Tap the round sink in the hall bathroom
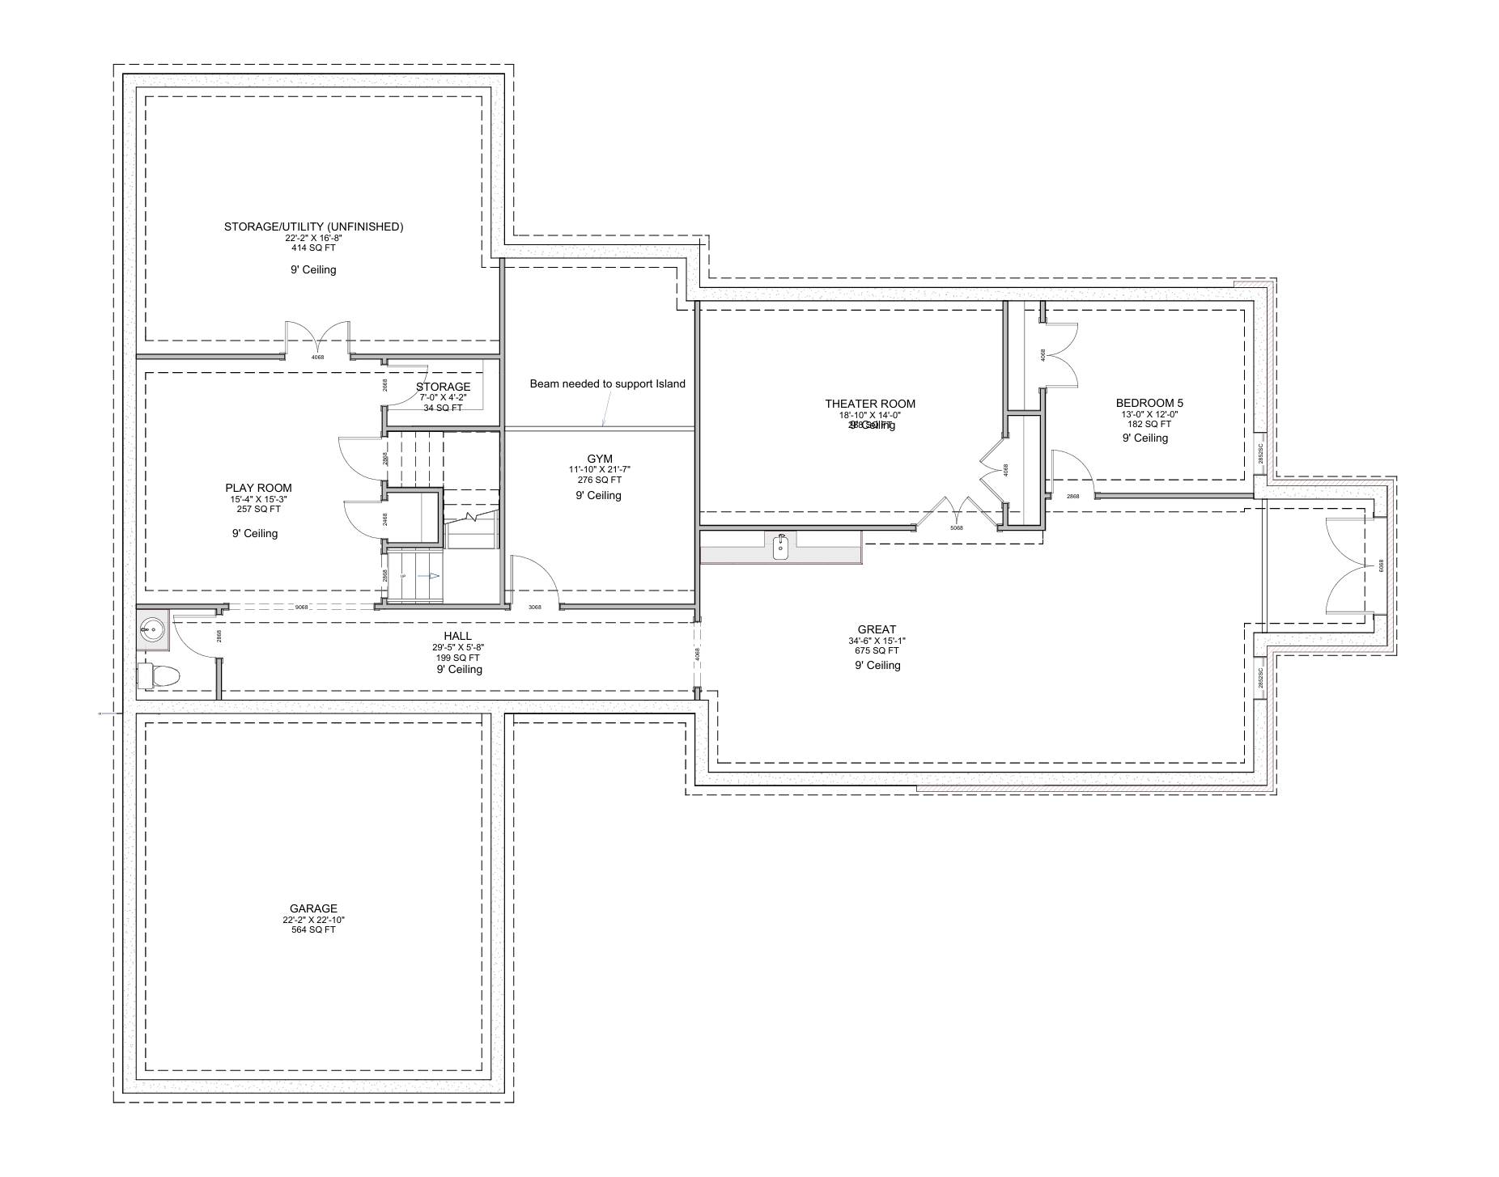pyautogui.click(x=151, y=628)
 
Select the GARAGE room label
pyautogui.click(x=313, y=908)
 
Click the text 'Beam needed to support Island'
pyautogui.click(x=607, y=383)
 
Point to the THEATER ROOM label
pyautogui.click(x=870, y=404)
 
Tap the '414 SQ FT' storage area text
pyautogui.click(x=313, y=248)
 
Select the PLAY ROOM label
pyautogui.click(x=258, y=488)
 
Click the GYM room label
pyautogui.click(x=599, y=459)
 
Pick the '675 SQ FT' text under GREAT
pyautogui.click(x=877, y=650)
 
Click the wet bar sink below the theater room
pyautogui.click(x=780, y=548)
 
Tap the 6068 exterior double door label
pyautogui.click(x=1381, y=567)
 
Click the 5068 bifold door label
pyautogui.click(x=956, y=528)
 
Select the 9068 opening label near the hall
pyautogui.click(x=301, y=608)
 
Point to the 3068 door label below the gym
pyautogui.click(x=534, y=608)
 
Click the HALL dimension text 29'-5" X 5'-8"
pyautogui.click(x=458, y=647)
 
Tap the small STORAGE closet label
pyautogui.click(x=443, y=387)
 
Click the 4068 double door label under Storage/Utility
pyautogui.click(x=317, y=357)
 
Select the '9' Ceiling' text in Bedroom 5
pyautogui.click(x=1144, y=438)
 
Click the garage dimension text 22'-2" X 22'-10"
pyautogui.click(x=313, y=920)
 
